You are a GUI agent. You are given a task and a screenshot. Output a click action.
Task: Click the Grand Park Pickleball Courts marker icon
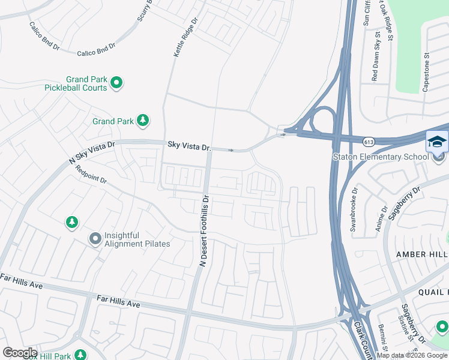tap(117, 83)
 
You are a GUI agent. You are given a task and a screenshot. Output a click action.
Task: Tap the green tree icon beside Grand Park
tap(143, 121)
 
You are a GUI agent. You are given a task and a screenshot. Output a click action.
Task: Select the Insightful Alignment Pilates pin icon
tap(95, 239)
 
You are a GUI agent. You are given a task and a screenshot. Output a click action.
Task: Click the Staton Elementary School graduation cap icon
tap(436, 142)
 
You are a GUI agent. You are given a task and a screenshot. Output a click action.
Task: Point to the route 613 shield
tap(369, 142)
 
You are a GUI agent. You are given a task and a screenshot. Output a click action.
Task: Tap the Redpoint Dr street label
tap(91, 175)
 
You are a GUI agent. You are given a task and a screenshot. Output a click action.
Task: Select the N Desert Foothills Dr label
tap(204, 230)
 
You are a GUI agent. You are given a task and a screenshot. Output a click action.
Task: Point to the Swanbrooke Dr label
tap(354, 211)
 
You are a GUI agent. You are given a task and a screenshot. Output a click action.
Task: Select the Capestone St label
tap(427, 71)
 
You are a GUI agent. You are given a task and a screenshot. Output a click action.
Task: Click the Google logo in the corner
tap(19, 352)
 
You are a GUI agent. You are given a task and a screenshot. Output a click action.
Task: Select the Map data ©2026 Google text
tap(412, 355)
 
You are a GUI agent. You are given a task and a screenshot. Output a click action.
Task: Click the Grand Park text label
tap(113, 121)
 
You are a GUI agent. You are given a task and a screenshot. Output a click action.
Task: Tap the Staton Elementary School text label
tap(381, 157)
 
